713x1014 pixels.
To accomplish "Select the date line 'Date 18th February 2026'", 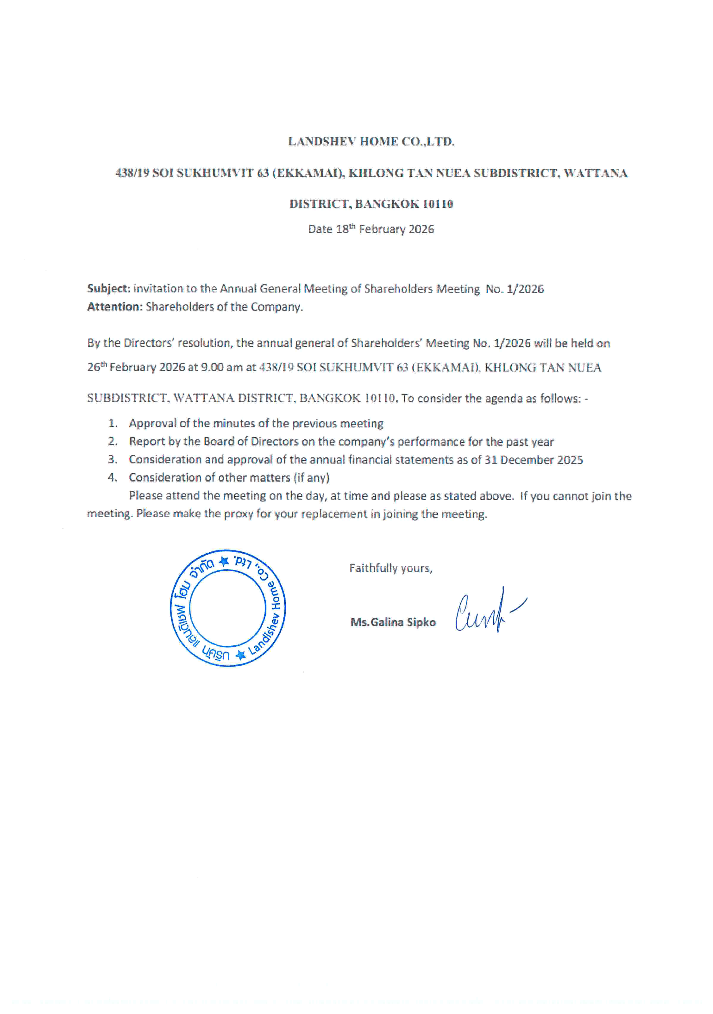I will pyautogui.click(x=371, y=229).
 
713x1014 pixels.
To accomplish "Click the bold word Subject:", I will pyautogui.click(x=108, y=288).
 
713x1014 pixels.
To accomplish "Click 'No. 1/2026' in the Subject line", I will pyautogui.click(x=515, y=289).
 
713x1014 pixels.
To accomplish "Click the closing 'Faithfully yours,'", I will pyautogui.click(x=391, y=568).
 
